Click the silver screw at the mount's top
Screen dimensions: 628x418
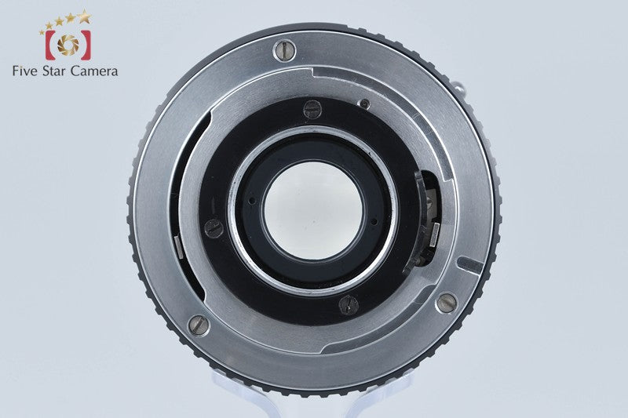point(284,51)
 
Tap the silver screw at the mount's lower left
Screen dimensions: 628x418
point(199,325)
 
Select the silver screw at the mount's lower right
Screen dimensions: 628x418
point(447,303)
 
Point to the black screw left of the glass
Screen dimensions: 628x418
point(214,228)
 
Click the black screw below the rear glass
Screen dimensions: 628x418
point(349,304)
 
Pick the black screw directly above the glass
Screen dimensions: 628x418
point(312,109)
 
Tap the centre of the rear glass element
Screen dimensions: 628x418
point(313,211)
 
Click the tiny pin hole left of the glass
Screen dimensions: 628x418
point(251,200)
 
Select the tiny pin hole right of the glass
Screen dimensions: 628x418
point(374,221)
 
